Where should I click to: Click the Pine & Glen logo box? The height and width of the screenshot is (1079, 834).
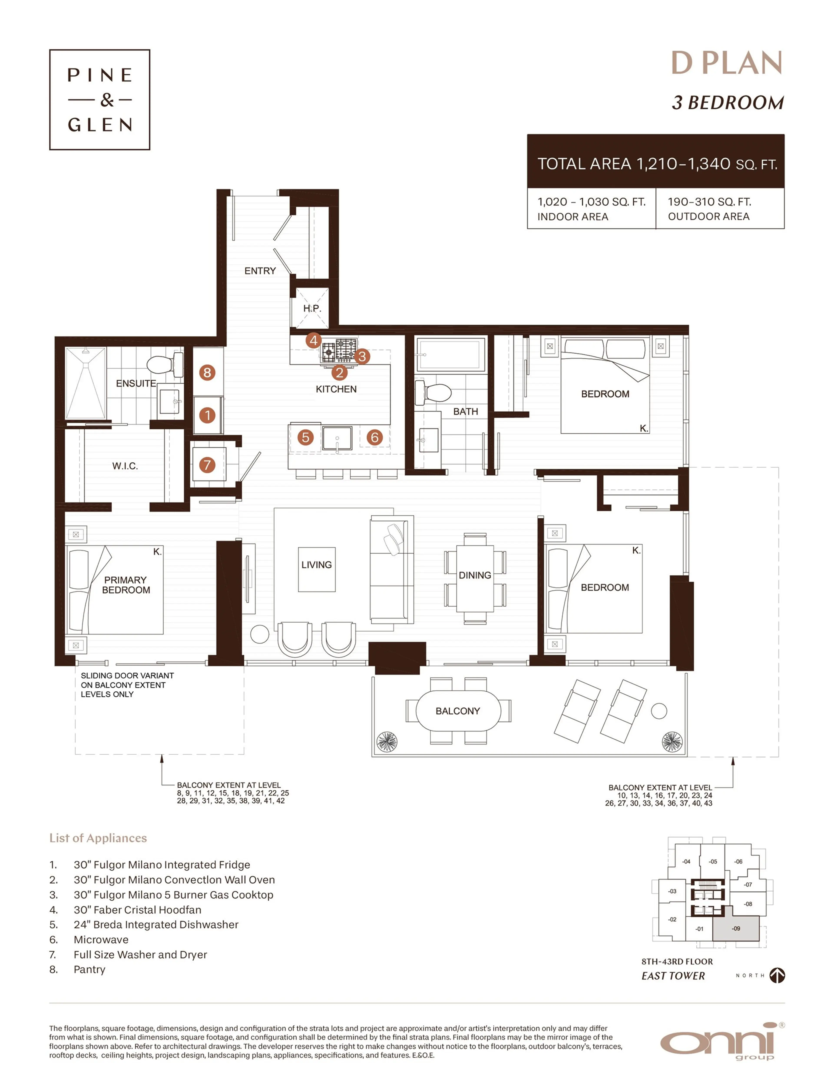(x=99, y=99)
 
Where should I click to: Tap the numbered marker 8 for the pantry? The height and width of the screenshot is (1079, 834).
(x=207, y=373)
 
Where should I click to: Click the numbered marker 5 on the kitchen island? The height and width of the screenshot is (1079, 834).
(x=306, y=437)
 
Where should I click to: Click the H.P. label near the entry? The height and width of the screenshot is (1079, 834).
(x=312, y=308)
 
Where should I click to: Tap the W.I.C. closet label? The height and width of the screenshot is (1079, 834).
(x=125, y=466)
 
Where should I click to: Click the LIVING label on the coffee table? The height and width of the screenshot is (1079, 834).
(x=316, y=565)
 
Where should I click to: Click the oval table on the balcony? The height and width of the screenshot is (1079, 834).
(x=458, y=711)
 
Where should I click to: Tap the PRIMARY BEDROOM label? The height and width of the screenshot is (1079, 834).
(x=126, y=585)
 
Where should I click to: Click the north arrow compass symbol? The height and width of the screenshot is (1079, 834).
(x=777, y=975)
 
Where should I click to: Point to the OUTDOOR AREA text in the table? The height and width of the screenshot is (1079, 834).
(x=708, y=216)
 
